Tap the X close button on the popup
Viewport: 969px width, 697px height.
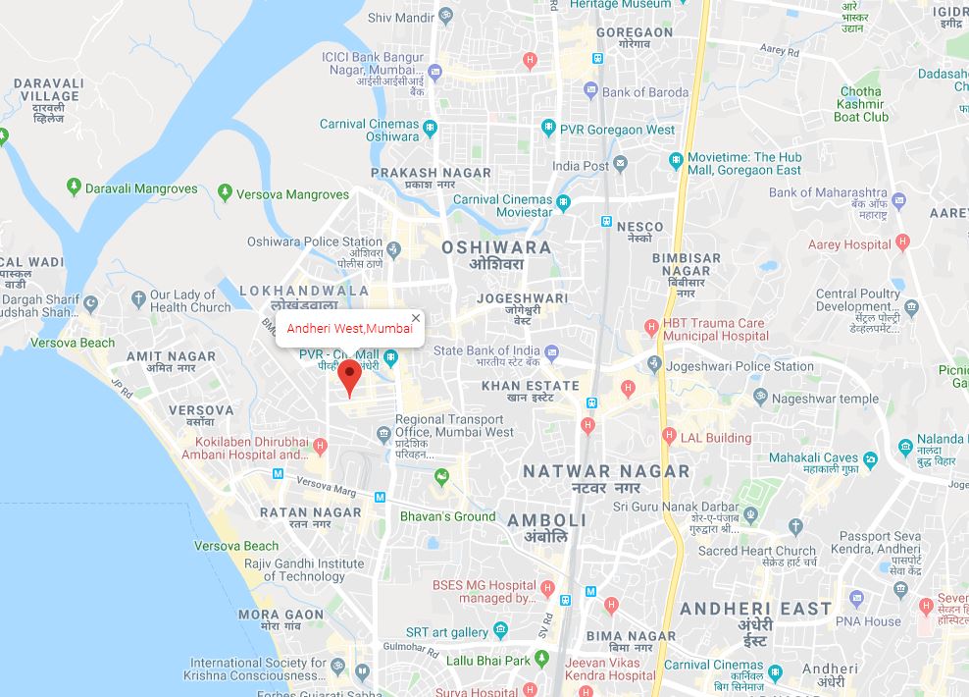pyautogui.click(x=416, y=318)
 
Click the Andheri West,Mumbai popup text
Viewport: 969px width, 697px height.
pyautogui.click(x=349, y=329)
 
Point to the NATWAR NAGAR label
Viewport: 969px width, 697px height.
pyautogui.click(x=606, y=471)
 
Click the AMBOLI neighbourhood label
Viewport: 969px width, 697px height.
pyautogui.click(x=546, y=520)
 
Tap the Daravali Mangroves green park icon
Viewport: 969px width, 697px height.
pyautogui.click(x=73, y=188)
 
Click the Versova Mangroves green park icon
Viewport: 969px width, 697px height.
pyautogui.click(x=225, y=193)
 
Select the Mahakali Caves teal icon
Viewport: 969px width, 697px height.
pyautogui.click(x=870, y=457)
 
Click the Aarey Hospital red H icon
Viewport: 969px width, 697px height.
pyautogui.click(x=903, y=242)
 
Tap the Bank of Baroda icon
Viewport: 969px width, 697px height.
pyautogui.click(x=590, y=91)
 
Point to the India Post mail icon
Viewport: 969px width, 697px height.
pyautogui.click(x=620, y=164)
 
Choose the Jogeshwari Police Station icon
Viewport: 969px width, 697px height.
pyautogui.click(x=654, y=365)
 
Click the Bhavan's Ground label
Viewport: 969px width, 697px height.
pyautogui.click(x=447, y=516)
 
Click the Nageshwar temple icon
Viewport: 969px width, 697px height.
pyautogui.click(x=759, y=397)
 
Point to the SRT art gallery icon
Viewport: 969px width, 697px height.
pyautogui.click(x=501, y=629)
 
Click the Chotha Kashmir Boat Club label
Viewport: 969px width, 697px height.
pyautogui.click(x=860, y=104)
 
